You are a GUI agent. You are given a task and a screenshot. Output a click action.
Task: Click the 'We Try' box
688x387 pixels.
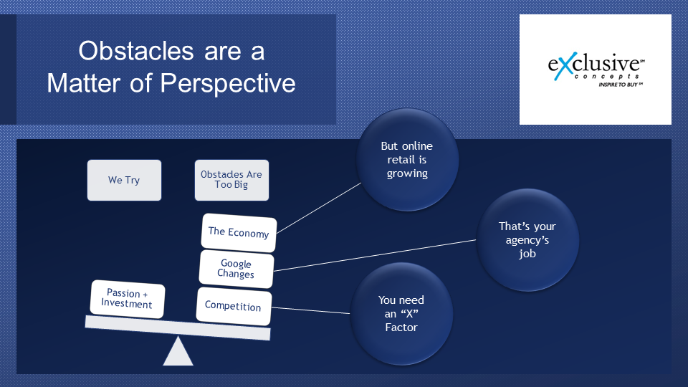[124, 180]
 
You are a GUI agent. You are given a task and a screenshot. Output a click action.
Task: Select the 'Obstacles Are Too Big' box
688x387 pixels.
[231, 180]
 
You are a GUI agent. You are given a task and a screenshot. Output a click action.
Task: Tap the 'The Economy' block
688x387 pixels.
[239, 232]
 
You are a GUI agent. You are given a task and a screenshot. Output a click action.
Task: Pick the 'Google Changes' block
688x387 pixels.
[236, 269]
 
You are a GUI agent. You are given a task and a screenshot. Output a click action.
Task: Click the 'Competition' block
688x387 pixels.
[234, 306]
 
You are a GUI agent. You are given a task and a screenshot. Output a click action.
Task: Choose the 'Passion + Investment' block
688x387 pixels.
[128, 299]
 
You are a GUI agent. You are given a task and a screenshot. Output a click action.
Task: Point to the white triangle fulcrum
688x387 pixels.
[178, 351]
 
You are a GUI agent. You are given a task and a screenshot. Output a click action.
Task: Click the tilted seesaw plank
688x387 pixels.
[178, 328]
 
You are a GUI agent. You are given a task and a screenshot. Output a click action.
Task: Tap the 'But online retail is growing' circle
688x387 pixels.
[407, 160]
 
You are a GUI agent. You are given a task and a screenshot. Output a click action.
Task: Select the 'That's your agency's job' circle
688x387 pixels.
[527, 239]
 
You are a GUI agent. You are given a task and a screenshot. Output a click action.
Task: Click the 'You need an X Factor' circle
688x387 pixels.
[401, 314]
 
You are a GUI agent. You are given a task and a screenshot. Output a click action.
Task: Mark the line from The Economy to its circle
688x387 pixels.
[319, 208]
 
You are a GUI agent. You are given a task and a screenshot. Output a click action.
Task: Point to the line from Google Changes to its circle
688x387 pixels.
[375, 255]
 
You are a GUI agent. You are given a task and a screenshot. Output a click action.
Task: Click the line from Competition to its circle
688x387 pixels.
[310, 310]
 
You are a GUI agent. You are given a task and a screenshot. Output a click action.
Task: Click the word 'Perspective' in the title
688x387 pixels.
[228, 83]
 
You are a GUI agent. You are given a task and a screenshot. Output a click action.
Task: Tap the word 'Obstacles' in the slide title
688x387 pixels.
[136, 51]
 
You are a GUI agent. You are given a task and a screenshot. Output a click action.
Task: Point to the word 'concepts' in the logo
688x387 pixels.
[607, 77]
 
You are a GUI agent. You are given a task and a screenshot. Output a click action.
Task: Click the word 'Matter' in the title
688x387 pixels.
[83, 83]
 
